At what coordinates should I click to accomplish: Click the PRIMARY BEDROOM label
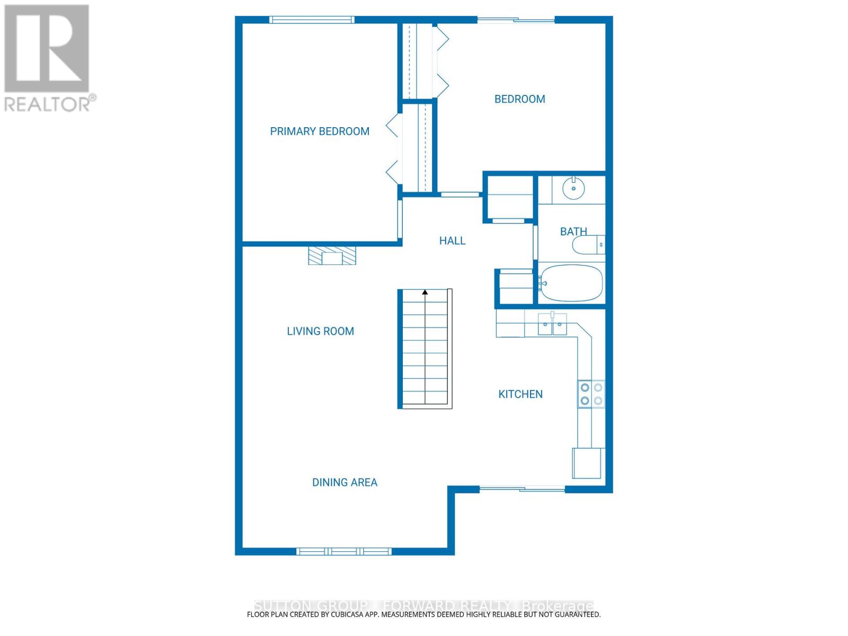coord(320,131)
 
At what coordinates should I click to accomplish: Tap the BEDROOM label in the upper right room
coord(519,99)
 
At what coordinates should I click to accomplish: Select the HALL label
coord(452,241)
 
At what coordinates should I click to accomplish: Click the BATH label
coord(573,232)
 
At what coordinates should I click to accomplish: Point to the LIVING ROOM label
coord(320,331)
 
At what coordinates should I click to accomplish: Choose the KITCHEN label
coord(520,394)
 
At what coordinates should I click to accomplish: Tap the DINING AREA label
coord(344,482)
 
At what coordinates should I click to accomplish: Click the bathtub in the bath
coord(571,283)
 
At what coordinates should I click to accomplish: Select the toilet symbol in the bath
coord(587,245)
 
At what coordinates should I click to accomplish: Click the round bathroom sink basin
coord(573,188)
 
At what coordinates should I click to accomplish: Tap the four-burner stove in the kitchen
coord(591,394)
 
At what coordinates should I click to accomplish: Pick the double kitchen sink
coord(552,324)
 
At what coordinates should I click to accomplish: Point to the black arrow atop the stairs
coord(425,292)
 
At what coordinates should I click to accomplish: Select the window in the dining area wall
coord(344,551)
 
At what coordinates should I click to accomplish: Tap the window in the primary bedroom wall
coord(311,20)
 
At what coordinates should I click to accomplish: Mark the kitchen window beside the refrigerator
coord(522,489)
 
